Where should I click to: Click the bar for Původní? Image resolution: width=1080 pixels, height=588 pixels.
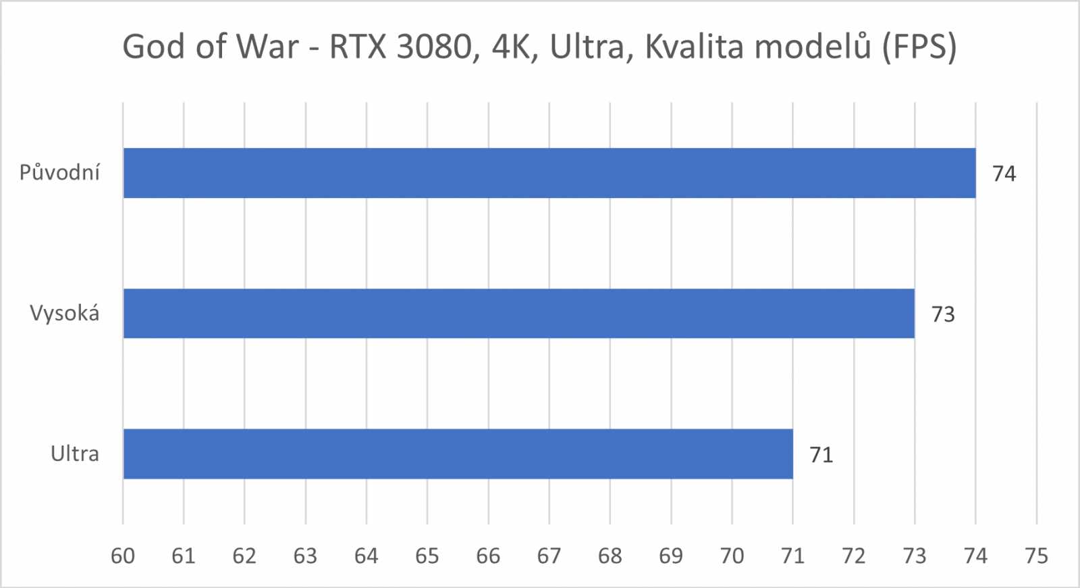[x=549, y=173]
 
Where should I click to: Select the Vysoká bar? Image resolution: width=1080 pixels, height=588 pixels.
[x=518, y=314]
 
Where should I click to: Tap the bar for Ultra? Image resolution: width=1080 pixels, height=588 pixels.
[x=458, y=454]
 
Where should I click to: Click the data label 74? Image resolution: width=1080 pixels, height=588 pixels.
[x=1004, y=174]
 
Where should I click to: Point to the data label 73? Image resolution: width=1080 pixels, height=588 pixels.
[x=943, y=314]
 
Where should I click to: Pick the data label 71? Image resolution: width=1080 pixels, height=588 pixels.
[x=821, y=455]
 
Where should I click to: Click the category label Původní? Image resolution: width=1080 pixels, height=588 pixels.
[x=59, y=173]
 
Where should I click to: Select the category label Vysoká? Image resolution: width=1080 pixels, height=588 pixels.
[x=64, y=314]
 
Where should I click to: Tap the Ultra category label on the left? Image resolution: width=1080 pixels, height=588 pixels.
[x=74, y=454]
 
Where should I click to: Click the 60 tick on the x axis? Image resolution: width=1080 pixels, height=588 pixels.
[x=123, y=556]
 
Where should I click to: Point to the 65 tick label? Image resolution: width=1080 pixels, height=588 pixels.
[x=427, y=556]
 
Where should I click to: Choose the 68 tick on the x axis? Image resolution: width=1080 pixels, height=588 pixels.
[x=610, y=556]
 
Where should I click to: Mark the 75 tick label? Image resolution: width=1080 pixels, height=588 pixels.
[x=1036, y=556]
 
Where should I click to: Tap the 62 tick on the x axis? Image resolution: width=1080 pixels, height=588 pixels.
[x=244, y=556]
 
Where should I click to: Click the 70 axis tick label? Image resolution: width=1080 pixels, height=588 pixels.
[x=732, y=556]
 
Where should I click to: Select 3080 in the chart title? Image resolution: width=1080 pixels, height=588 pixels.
[x=433, y=47]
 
